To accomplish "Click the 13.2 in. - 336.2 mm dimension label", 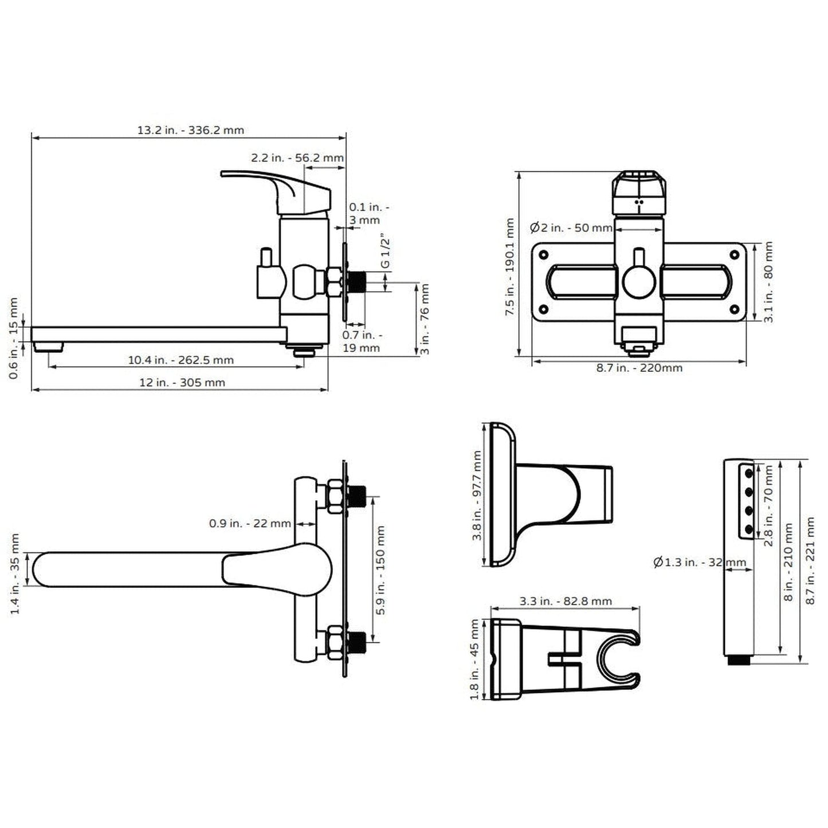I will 190,130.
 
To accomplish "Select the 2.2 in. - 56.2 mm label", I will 297,158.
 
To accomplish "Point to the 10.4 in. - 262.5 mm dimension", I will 180,360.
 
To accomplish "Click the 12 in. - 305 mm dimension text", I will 182,382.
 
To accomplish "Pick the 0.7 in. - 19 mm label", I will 362,342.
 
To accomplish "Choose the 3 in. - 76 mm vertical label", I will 425,319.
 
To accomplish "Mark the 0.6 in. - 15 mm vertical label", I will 14,338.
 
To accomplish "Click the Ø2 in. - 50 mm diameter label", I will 571,227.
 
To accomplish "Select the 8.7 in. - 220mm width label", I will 639,368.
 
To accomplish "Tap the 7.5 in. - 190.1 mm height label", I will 509,266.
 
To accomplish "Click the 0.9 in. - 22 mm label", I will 250,523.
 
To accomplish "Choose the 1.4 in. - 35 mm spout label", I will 15,574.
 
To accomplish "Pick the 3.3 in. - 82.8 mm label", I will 566,601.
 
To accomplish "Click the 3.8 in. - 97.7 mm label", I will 477,496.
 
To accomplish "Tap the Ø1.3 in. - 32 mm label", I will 699,562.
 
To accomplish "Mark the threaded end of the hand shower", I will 739,660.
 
